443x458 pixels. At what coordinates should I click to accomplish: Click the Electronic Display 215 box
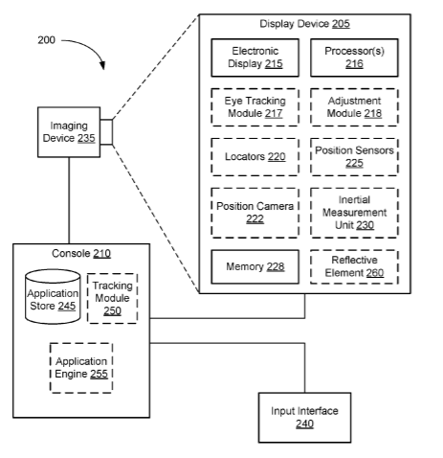tap(255, 57)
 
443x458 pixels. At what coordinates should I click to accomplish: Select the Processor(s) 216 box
tap(354, 57)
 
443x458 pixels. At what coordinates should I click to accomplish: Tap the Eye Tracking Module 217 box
tap(255, 107)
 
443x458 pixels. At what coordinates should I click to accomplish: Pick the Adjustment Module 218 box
tap(354, 107)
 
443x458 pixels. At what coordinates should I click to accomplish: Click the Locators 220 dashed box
tap(255, 157)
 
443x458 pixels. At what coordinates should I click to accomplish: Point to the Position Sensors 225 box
tap(354, 157)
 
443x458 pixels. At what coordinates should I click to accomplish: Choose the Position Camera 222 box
tap(255, 213)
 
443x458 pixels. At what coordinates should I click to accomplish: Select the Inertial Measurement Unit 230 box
tap(354, 213)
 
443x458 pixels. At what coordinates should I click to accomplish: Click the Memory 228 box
tap(255, 266)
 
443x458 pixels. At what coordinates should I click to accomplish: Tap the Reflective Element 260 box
tap(354, 266)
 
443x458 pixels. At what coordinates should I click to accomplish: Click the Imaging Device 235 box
tap(69, 132)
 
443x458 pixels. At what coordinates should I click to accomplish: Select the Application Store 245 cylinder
tap(53, 297)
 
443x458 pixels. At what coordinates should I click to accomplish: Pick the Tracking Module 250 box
tap(112, 298)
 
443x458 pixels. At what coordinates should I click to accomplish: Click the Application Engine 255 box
tap(81, 368)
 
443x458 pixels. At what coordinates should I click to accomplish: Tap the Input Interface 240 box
tap(304, 418)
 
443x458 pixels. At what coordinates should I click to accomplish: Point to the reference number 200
tap(46, 40)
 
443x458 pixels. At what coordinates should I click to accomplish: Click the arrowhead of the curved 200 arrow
tap(102, 65)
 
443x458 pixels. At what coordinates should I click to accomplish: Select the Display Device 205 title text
tap(304, 24)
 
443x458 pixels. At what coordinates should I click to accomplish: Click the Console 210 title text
tap(81, 254)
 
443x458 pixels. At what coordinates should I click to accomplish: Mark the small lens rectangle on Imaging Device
tap(106, 132)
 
